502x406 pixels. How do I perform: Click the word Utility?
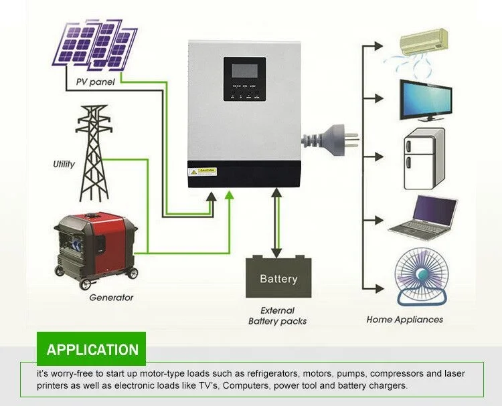click(64, 164)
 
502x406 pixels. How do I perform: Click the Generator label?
click(111, 297)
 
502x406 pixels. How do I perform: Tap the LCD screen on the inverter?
click(244, 70)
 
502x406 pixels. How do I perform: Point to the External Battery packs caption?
click(277, 316)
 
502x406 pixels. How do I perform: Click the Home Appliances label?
click(404, 320)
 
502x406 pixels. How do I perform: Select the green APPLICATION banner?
click(92, 349)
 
